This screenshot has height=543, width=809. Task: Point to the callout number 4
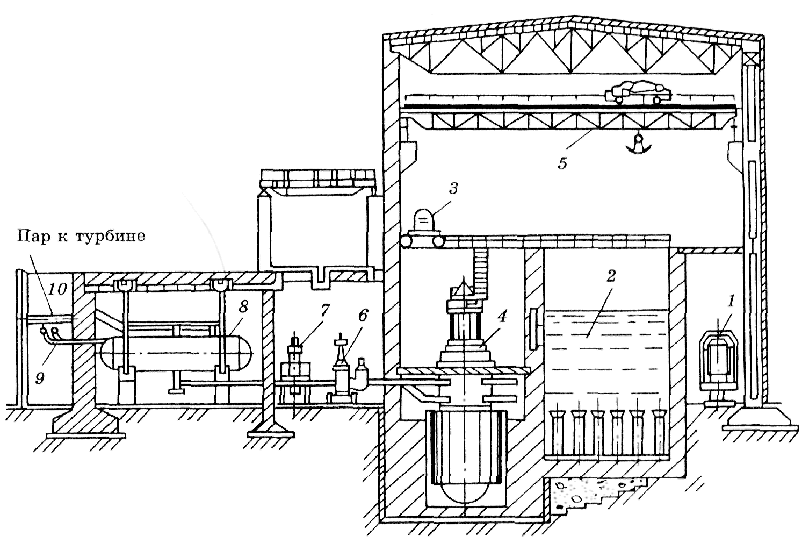click(x=502, y=317)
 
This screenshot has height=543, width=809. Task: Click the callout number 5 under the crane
click(x=562, y=163)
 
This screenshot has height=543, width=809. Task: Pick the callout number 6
click(x=364, y=316)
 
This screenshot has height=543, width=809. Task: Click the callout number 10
click(x=57, y=289)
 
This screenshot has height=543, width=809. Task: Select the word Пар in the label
click(x=32, y=237)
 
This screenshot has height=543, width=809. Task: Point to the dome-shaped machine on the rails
click(x=424, y=220)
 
